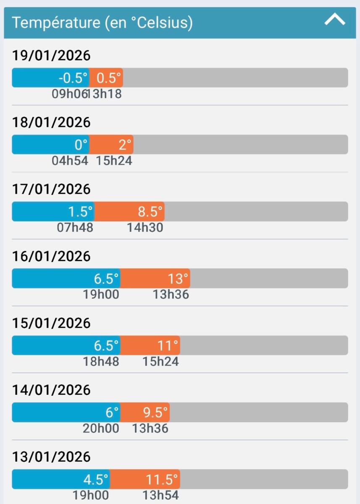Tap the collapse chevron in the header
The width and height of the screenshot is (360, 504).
click(335, 20)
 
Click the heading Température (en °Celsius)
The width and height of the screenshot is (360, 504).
click(102, 22)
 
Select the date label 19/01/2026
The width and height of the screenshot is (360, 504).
click(51, 55)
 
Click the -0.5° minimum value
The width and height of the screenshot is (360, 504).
click(73, 78)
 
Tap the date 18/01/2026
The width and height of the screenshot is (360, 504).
click(51, 122)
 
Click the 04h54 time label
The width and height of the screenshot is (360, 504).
click(70, 160)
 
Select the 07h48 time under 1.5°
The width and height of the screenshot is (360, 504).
click(75, 228)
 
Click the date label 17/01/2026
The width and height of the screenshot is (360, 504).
click(51, 189)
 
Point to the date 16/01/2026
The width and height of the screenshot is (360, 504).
click(51, 256)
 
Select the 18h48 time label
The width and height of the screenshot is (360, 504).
click(101, 361)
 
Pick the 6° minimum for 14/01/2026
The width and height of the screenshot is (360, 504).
click(112, 413)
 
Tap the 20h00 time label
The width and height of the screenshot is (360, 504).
click(101, 428)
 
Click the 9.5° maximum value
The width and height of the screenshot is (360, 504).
click(155, 413)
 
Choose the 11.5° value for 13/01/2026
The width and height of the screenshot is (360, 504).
click(162, 480)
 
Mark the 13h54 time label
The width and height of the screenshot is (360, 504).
click(160, 495)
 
